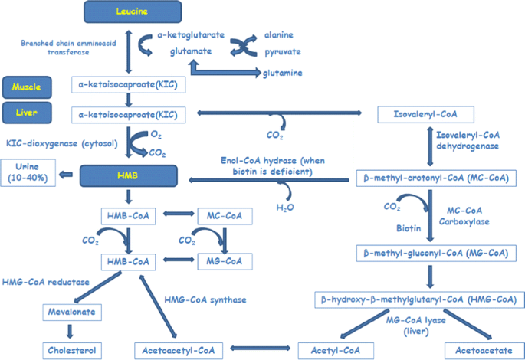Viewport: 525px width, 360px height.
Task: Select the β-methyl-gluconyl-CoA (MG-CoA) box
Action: [435, 252]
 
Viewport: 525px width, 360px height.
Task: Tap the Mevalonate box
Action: [69, 313]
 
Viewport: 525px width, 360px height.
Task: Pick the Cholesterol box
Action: [69, 350]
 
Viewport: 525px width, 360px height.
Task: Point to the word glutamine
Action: [281, 73]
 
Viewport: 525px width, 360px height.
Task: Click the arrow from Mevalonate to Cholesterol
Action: [69, 332]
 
